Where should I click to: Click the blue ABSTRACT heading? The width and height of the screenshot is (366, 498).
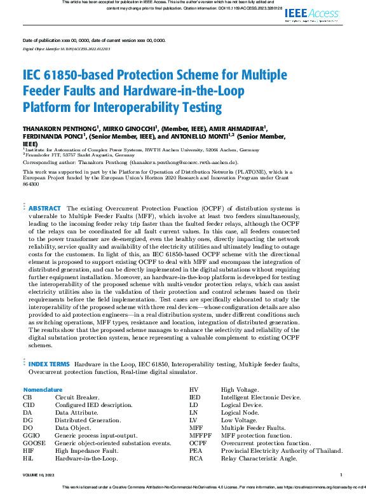click(44, 208)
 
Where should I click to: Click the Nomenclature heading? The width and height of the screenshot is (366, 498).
click(43, 389)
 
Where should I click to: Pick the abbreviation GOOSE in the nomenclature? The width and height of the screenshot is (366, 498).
click(34, 443)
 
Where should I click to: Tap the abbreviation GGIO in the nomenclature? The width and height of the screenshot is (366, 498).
click(32, 435)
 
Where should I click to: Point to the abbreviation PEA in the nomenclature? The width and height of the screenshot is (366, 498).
click(196, 450)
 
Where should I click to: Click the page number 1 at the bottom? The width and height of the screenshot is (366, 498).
click(341, 474)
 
